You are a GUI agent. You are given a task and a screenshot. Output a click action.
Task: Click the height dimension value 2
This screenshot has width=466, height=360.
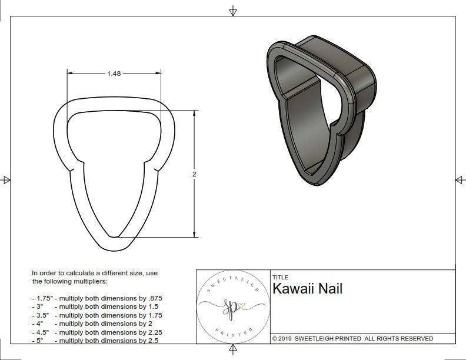point(194,174)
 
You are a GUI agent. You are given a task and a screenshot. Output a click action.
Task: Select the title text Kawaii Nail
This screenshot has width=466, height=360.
point(307,289)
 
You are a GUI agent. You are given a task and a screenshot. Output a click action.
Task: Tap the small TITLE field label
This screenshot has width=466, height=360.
point(280,277)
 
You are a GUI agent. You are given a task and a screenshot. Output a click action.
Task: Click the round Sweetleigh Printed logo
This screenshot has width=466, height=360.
point(232,306)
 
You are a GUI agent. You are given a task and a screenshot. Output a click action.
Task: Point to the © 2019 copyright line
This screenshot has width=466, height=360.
point(352,338)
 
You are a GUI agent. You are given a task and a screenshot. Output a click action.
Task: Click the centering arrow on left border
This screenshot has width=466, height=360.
point(6,179)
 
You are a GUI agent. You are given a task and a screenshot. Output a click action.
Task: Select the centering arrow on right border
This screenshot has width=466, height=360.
point(459,179)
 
